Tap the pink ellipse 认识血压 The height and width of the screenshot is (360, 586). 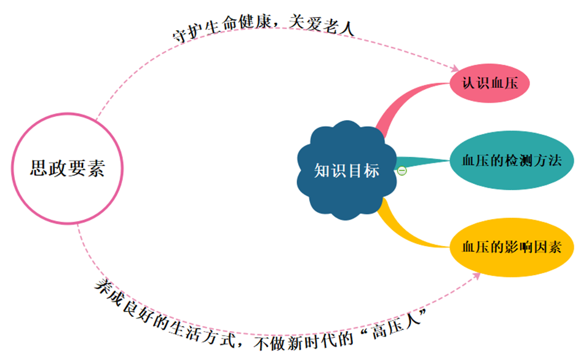click(489, 83)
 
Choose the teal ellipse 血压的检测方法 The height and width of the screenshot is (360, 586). click(512, 161)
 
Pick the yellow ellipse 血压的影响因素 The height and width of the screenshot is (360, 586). click(512, 247)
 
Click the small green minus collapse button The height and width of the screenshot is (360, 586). click(402, 170)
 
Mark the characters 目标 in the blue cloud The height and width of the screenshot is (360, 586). click(363, 170)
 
